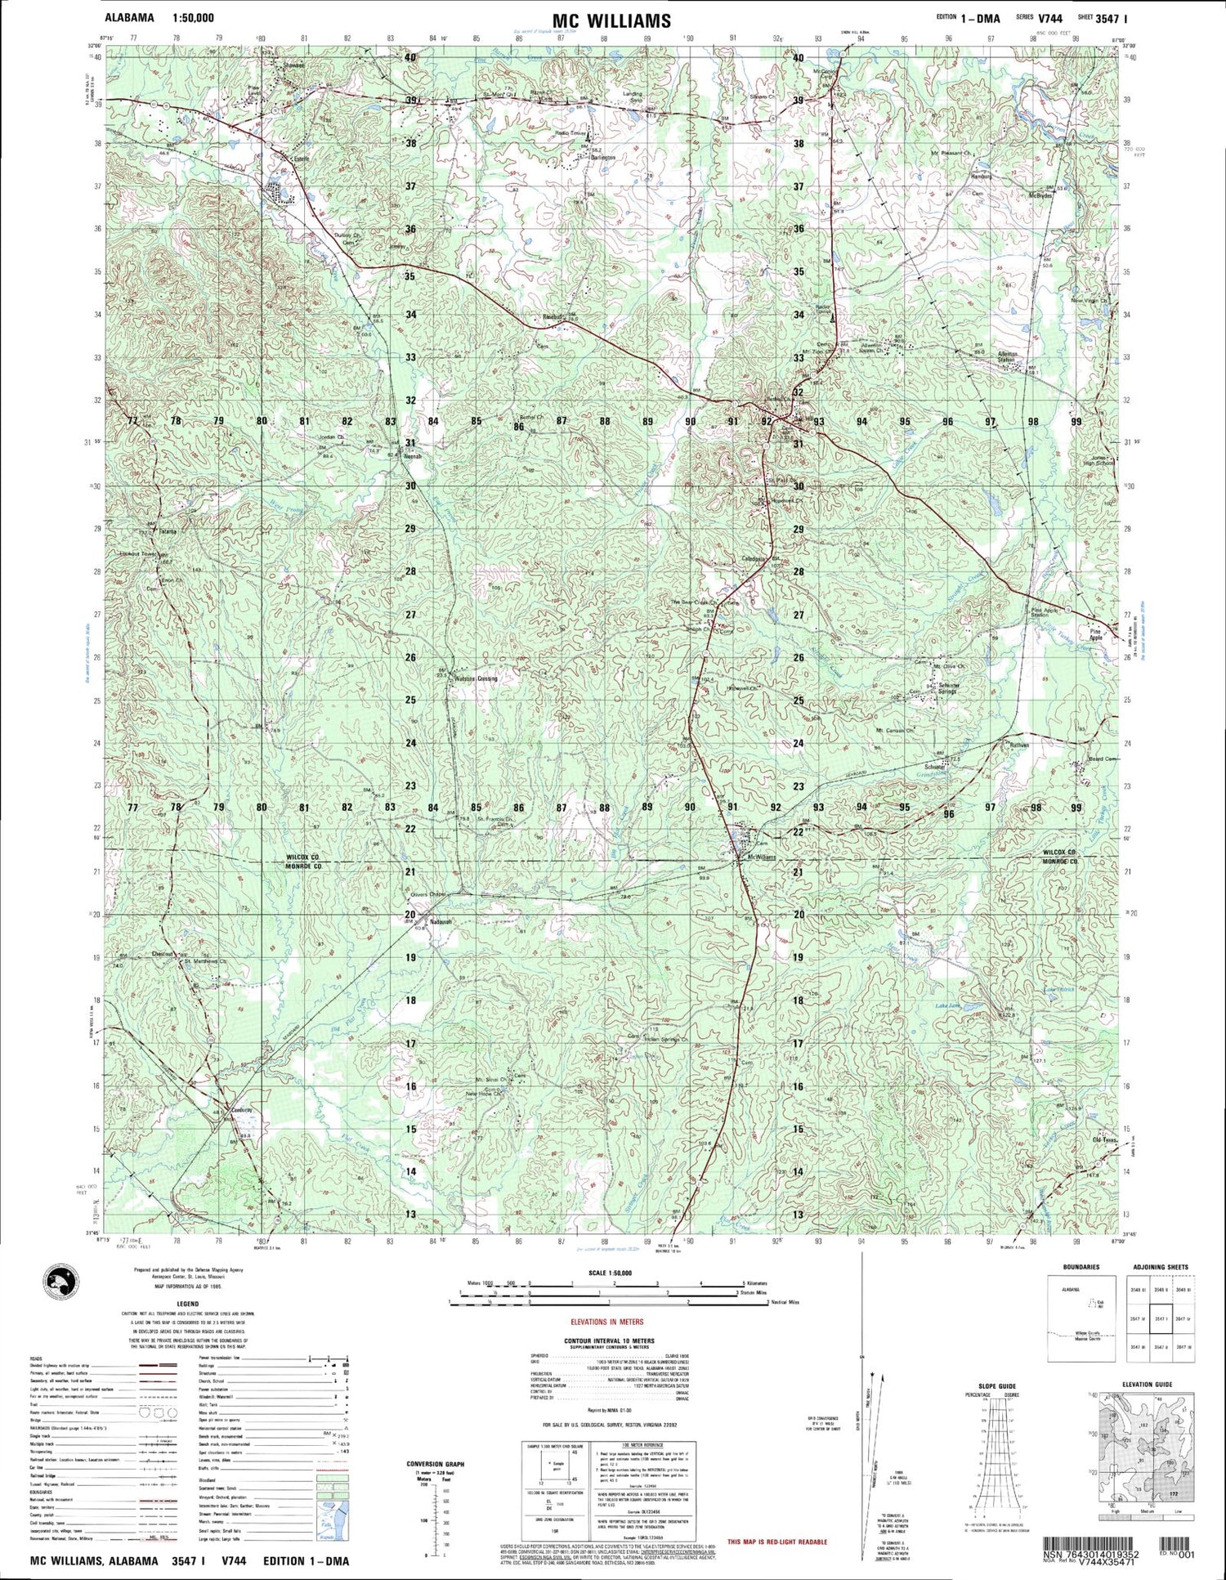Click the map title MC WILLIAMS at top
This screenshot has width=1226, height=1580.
coord(611,20)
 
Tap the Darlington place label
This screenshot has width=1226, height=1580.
coord(597,158)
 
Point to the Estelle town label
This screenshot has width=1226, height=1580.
coord(292,160)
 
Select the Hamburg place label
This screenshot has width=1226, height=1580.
coord(981,177)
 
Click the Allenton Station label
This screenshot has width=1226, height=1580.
coord(1006,356)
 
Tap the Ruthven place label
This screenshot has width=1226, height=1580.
coord(1018,745)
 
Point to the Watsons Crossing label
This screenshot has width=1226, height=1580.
coord(476,678)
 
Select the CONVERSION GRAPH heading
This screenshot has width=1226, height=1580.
coord(435,1464)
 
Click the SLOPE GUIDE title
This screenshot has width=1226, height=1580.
coord(996,1386)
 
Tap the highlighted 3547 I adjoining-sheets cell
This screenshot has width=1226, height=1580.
coord(1161,1318)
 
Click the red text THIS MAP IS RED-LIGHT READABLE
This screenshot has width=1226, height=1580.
coord(777,1542)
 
